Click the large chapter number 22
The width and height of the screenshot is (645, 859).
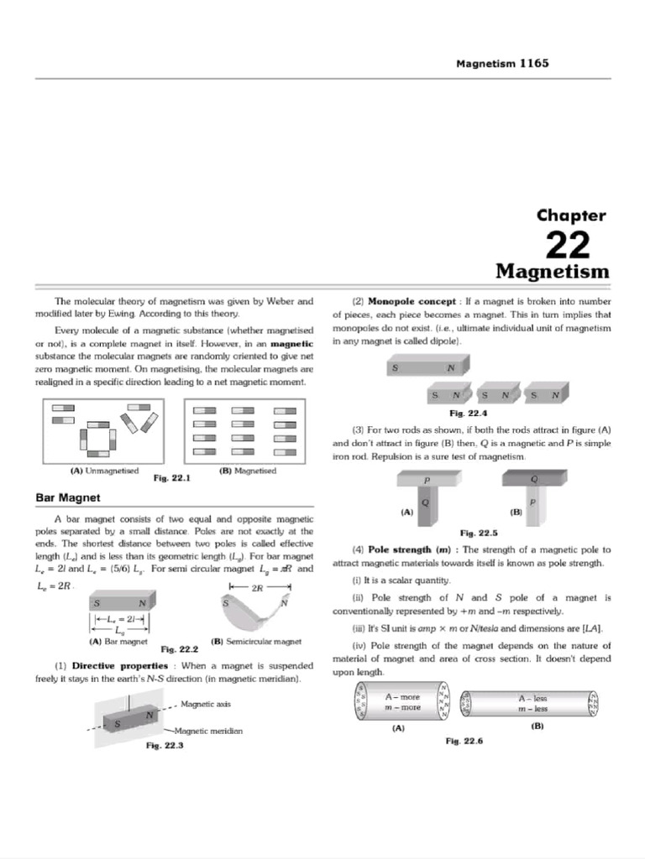tap(568, 245)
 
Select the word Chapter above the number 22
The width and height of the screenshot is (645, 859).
tap(571, 216)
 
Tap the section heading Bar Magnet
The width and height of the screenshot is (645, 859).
tap(68, 497)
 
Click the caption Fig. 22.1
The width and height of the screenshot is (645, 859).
tap(172, 477)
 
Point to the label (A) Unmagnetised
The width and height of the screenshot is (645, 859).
tap(105, 471)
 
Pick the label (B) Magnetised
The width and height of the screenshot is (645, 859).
tap(248, 471)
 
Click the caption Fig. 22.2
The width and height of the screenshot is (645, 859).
tap(180, 649)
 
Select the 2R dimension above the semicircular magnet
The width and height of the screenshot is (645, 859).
tap(257, 588)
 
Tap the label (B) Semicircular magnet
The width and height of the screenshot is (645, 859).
tap(256, 641)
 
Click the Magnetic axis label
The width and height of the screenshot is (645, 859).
tap(206, 704)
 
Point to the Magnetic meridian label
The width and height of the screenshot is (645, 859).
tap(208, 731)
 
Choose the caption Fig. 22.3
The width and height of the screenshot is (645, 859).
tap(165, 745)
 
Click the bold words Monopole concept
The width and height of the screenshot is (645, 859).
tap(412, 301)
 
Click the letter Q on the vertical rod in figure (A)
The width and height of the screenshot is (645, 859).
tap(425, 502)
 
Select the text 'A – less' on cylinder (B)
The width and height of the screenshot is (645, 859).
tap(533, 699)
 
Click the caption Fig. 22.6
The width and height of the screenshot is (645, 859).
tap(464, 741)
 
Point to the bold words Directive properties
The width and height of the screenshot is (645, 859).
tap(120, 665)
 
